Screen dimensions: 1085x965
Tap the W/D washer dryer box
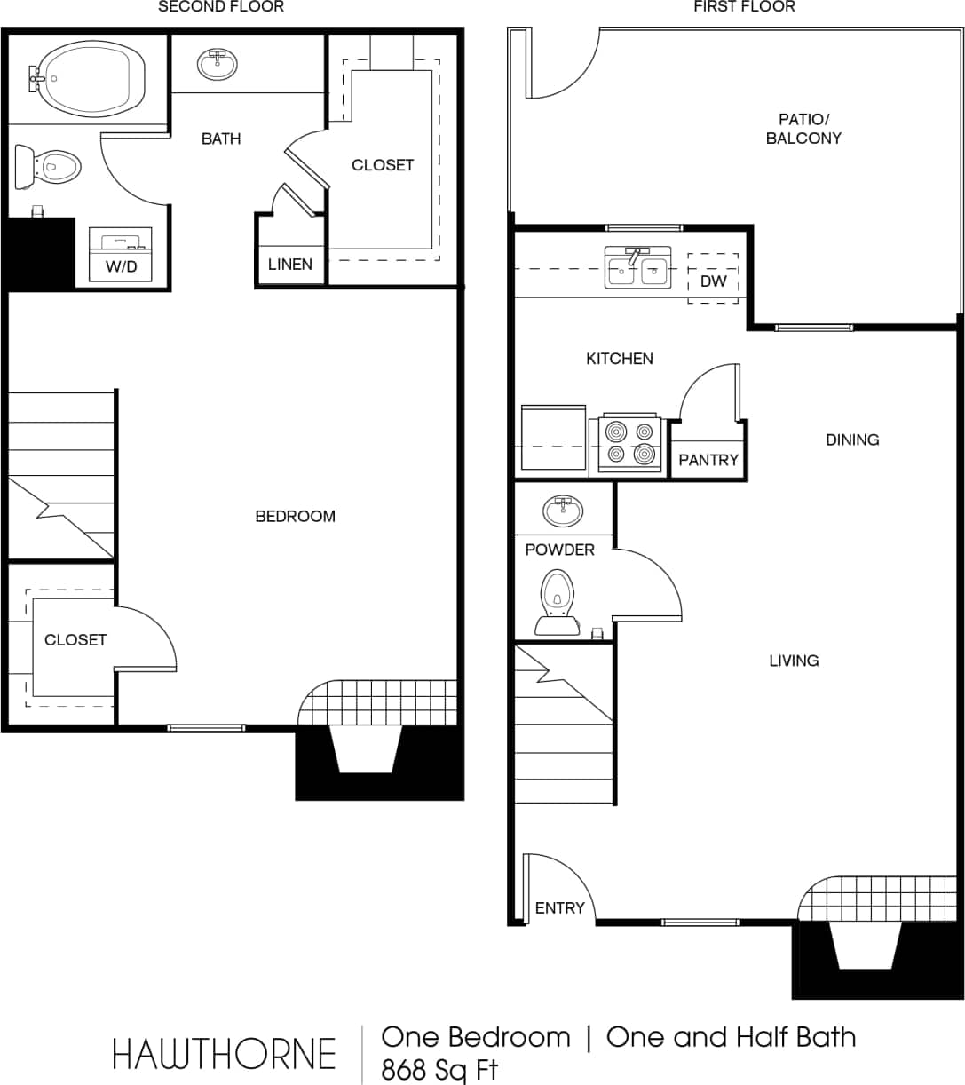(x=121, y=255)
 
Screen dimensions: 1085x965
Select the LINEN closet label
(x=290, y=265)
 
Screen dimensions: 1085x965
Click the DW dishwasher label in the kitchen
(x=713, y=281)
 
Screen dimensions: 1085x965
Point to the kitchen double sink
(x=637, y=268)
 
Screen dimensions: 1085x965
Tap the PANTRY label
(x=708, y=460)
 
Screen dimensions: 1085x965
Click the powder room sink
(x=563, y=511)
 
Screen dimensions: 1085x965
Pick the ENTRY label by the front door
(x=559, y=907)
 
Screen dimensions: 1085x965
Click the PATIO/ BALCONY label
(x=803, y=129)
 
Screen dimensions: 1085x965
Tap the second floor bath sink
(x=217, y=64)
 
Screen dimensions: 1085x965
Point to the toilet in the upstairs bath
(x=49, y=166)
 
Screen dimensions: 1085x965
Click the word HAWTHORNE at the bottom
(x=224, y=1054)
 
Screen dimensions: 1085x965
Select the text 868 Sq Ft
(x=439, y=1069)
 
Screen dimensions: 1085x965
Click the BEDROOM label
(x=295, y=516)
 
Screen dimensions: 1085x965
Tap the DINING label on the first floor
(x=851, y=440)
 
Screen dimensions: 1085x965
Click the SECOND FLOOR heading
(x=220, y=7)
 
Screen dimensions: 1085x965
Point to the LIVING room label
(x=794, y=661)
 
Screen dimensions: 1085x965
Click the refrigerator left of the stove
(x=552, y=437)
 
